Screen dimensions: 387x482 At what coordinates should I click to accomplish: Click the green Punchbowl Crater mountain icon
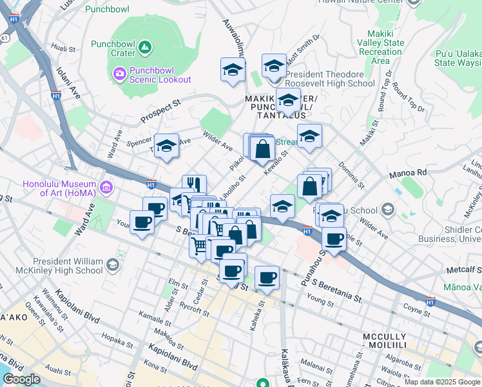tap(146, 47)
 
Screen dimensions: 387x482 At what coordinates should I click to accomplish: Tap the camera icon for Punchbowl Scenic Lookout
tap(119, 74)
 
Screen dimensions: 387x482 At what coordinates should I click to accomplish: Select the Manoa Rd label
tap(408, 173)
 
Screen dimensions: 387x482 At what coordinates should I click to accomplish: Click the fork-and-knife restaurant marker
tap(194, 185)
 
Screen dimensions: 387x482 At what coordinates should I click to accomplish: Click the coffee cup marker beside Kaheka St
tap(266, 278)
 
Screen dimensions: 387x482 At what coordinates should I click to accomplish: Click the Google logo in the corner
tap(21, 379)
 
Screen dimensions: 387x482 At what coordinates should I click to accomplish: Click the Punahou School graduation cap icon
tap(387, 209)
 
